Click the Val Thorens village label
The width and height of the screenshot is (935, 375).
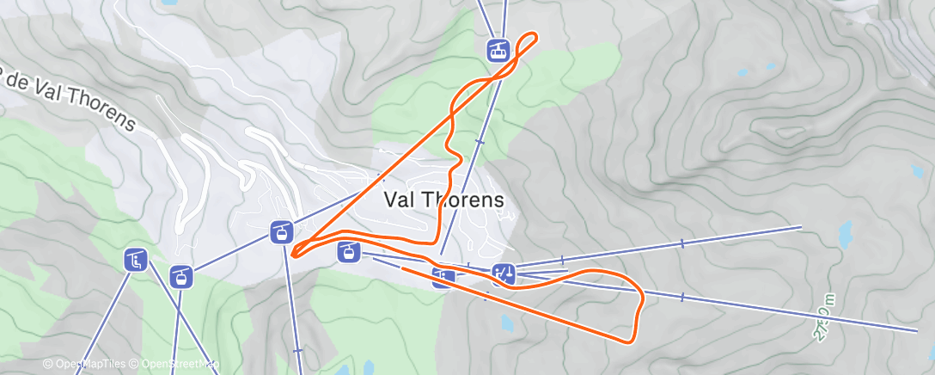pyautogui.click(x=443, y=199)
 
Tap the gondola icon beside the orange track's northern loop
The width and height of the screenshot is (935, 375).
pyautogui.click(x=498, y=50)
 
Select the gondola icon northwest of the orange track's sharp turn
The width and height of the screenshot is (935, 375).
pyautogui.click(x=280, y=231)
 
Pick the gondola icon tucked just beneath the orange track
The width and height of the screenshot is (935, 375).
pyautogui.click(x=348, y=252)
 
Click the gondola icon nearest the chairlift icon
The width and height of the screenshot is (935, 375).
pyautogui.click(x=180, y=276)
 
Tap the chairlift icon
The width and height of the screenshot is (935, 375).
pyautogui.click(x=135, y=258)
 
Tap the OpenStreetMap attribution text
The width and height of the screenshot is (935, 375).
pyautogui.click(x=177, y=365)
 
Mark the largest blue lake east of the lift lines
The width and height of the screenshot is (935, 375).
pyautogui.click(x=846, y=232)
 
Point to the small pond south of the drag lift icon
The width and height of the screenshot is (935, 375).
pyautogui.click(x=505, y=323)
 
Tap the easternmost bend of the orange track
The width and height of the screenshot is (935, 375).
pyautogui.click(x=642, y=297)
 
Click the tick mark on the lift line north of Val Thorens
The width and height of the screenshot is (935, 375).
pyautogui.click(x=480, y=141)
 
